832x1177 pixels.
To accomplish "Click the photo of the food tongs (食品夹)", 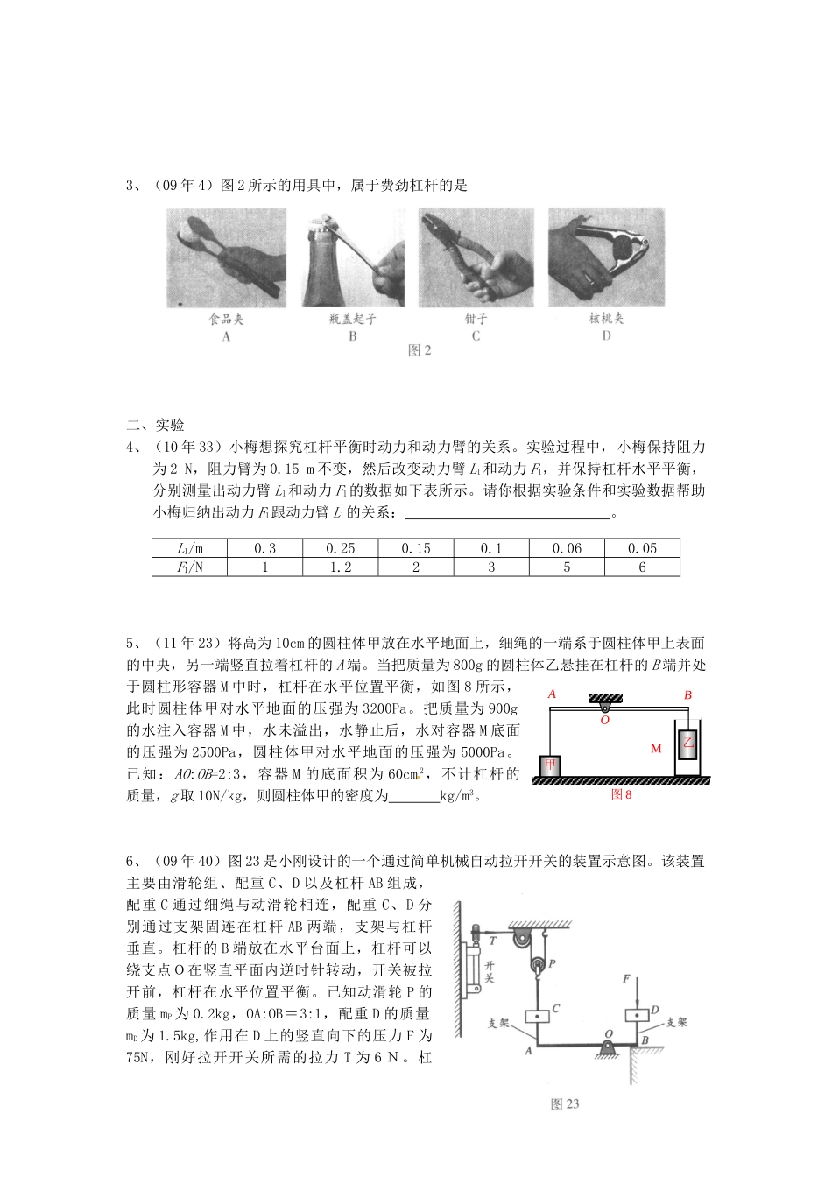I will [x=226, y=257].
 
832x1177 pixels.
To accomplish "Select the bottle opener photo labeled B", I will [x=353, y=257].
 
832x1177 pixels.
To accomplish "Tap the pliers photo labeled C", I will [x=476, y=257].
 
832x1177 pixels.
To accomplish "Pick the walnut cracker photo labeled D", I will [x=606, y=257].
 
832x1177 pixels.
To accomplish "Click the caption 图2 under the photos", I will [x=420, y=350].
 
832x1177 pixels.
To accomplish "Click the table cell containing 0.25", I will [x=340, y=548].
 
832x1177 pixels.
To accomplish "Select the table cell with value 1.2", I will [x=340, y=567].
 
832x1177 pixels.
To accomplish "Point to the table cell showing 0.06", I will [x=567, y=548].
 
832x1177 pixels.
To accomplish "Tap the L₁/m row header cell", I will [x=189, y=548].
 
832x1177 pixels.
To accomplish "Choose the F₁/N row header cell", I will [x=189, y=567].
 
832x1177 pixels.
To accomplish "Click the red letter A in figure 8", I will [x=552, y=694].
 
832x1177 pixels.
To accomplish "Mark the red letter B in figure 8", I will [x=687, y=695].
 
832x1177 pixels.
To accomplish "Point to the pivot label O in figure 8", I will [x=604, y=721].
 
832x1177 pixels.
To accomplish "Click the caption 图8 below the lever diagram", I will [x=621, y=794].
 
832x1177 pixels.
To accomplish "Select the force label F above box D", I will [x=626, y=978].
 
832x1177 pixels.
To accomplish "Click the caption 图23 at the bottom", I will [x=565, y=1104].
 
